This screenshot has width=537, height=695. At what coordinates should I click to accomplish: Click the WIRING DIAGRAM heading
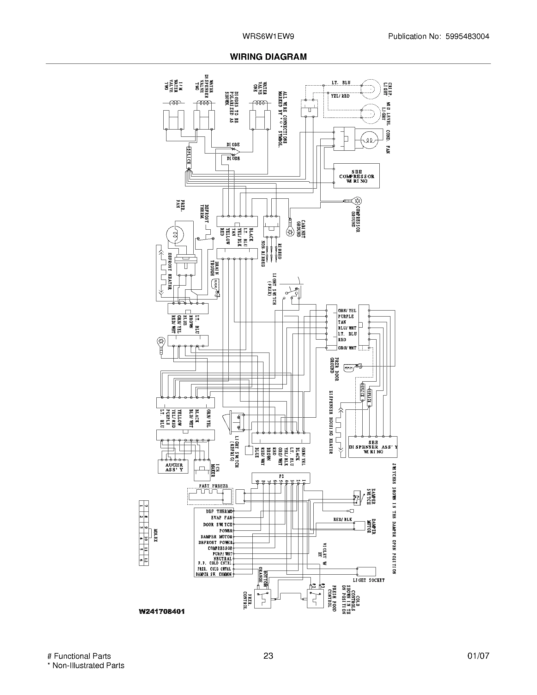point(268,57)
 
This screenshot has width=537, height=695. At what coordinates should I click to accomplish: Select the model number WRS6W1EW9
point(268,37)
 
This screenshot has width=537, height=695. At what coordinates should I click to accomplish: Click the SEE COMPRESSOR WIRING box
point(356,176)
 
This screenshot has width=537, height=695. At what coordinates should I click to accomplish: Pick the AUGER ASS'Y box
point(173,467)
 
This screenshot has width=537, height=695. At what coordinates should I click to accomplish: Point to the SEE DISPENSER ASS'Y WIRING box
point(372,447)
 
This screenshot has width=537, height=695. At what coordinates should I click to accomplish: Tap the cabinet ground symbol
point(290,232)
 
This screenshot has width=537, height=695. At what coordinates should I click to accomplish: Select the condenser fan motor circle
point(369,140)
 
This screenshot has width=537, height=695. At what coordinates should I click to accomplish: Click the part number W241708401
point(162,611)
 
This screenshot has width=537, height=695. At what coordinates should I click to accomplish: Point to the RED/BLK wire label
point(343,519)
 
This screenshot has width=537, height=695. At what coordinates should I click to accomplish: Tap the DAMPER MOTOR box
point(359,526)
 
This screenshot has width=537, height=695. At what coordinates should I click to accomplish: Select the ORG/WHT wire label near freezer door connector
point(347,348)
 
